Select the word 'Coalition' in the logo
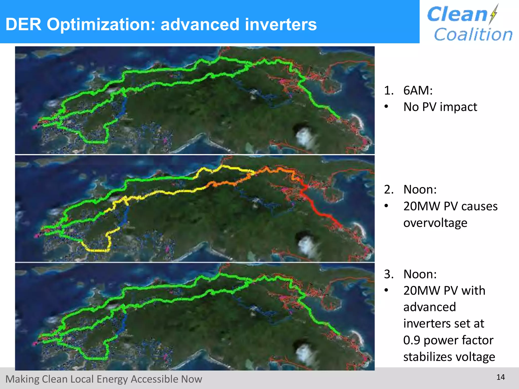click(473, 34)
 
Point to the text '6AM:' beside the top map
click(418, 90)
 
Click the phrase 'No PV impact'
click(440, 107)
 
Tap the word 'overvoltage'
click(435, 223)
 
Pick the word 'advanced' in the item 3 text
click(430, 307)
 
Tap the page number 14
click(501, 377)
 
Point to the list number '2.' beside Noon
click(389, 189)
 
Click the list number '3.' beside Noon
click(389, 274)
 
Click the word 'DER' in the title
click(23, 25)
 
